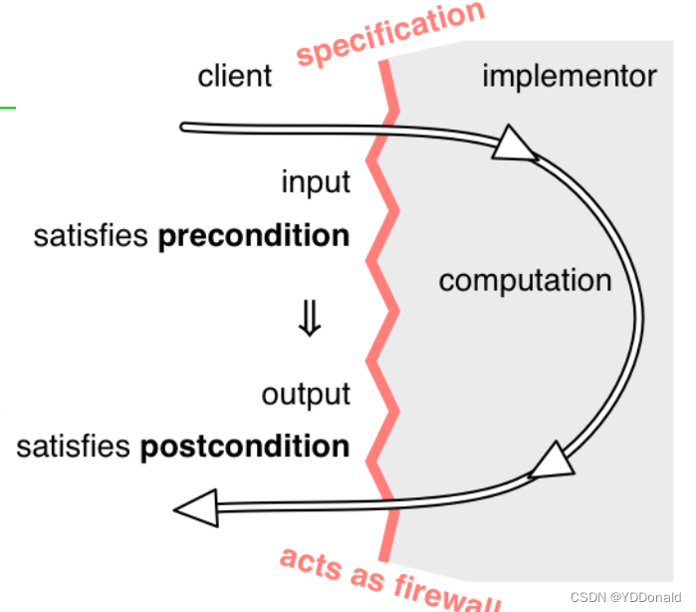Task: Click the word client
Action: coord(235,76)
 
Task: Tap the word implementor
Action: coord(570,76)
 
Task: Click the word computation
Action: coord(525,280)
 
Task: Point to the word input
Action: coord(316,182)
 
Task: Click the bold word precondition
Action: coord(254,236)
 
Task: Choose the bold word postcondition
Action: coord(245,446)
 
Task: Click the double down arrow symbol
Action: coord(310,320)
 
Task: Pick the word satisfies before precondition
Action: coord(92,236)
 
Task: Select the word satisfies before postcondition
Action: coord(73,446)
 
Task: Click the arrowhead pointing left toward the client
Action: coord(197,508)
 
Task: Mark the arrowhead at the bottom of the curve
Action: coord(552,461)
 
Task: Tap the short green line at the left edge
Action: coord(8,107)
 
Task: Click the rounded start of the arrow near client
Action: coord(185,127)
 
